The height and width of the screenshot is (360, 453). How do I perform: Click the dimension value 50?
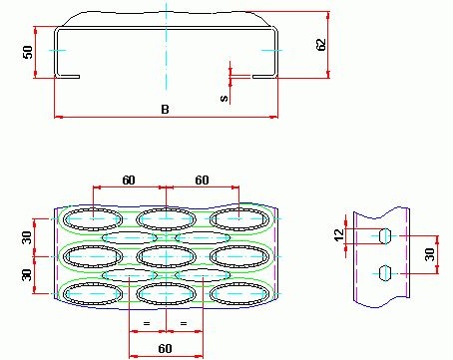click(x=28, y=52)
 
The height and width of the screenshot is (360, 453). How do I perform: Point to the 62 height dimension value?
click(x=320, y=45)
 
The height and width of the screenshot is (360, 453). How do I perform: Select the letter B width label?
click(x=165, y=109)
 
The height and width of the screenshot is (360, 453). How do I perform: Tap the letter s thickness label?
click(x=225, y=98)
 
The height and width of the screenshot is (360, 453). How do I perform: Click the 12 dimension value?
click(x=339, y=235)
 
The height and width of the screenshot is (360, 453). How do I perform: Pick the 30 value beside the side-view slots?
click(x=429, y=254)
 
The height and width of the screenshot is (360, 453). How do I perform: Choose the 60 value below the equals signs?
click(x=165, y=348)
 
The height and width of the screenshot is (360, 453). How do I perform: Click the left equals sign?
click(x=147, y=323)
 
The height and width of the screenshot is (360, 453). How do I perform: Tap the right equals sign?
click(x=184, y=323)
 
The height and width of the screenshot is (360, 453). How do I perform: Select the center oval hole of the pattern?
click(x=166, y=256)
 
